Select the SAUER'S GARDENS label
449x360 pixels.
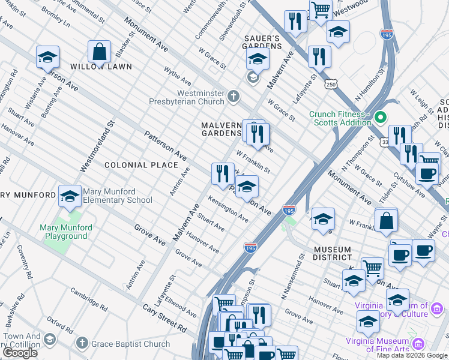coord(262,43)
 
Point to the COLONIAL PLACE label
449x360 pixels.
coord(141,164)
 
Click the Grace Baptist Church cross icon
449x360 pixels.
coord(82,344)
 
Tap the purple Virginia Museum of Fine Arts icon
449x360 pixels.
coord(418,343)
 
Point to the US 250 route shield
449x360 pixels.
coord(330,85)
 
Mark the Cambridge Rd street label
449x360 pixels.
coord(88,299)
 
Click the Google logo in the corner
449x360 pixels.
coord(20,353)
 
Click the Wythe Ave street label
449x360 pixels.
coord(178,76)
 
